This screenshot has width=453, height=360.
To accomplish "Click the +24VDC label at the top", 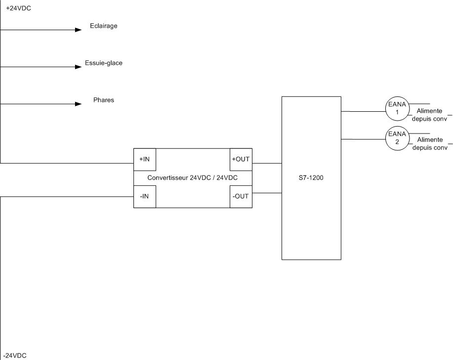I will coord(18,8).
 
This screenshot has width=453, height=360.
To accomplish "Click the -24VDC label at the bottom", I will coord(15,356).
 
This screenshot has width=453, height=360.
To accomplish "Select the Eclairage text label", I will coord(104,26).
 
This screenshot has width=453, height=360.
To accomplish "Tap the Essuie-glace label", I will coord(104,63).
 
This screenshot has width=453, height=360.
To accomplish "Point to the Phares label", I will coord(104,100).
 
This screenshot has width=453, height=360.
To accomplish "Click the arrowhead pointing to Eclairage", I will coord(78,30).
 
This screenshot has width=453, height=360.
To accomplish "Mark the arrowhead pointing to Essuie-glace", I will coord(78,67).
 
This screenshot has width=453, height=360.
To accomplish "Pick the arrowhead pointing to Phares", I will coord(78,104).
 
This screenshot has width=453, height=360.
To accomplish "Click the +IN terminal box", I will coord(145,159).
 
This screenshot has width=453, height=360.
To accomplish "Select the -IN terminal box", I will coord(145,196).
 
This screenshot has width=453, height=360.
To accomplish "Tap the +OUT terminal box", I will coord(241,159).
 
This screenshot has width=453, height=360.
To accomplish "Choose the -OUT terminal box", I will coord(241,196).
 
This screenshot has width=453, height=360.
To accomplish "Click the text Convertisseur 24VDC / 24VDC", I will coord(193,178).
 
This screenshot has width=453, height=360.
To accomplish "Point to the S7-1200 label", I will coord(311,178).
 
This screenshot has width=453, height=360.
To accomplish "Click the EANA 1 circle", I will coord(397,108).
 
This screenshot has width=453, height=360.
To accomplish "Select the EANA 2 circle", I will coord(397,138).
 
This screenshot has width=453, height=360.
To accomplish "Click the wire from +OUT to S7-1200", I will coord(267,163).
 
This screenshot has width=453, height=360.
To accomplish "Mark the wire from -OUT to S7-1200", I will coord(267,192).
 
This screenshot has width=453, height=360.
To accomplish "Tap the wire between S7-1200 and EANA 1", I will coord(363,111).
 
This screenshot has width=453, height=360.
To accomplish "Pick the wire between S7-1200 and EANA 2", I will coord(363,139).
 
